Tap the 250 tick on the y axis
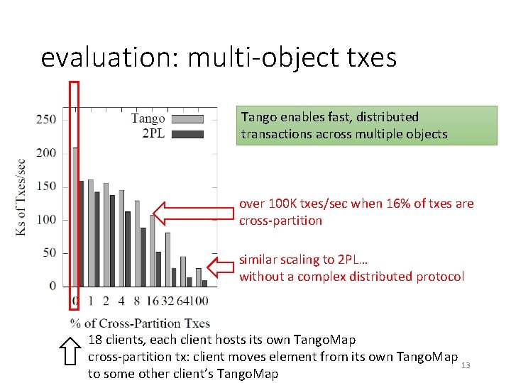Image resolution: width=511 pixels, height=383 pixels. pyautogui.click(x=46, y=118)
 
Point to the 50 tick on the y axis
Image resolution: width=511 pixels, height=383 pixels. pyautogui.click(x=49, y=253)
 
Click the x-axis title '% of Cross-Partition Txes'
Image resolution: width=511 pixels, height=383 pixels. pyautogui.click(x=139, y=323)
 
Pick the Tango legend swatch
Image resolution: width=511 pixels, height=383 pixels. pyautogui.click(x=187, y=119)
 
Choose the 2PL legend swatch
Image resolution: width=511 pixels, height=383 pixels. pyautogui.click(x=187, y=133)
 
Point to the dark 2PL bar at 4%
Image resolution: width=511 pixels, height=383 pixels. pyautogui.click(x=128, y=248)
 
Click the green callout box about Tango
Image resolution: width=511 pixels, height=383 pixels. pyautogui.click(x=366, y=126)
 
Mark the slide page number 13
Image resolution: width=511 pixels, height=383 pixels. pyautogui.click(x=466, y=365)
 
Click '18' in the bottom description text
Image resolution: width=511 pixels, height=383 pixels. pyautogui.click(x=95, y=340)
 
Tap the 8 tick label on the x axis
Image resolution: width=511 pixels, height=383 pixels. pyautogui.click(x=137, y=301)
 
